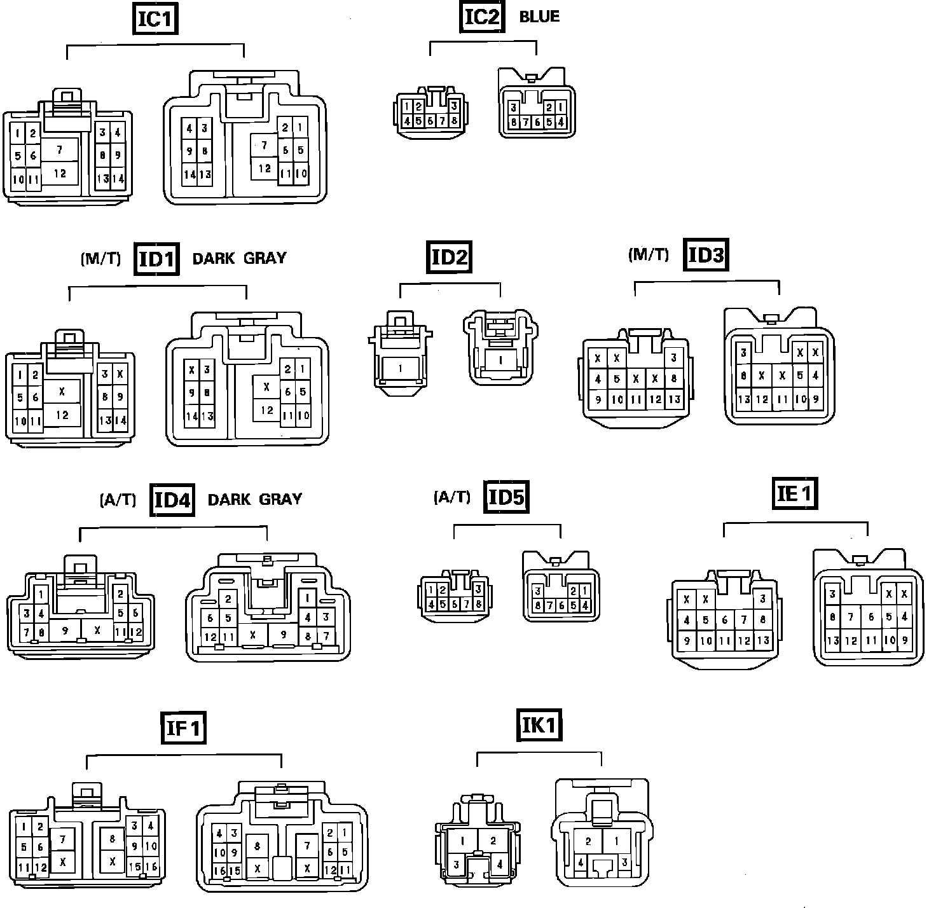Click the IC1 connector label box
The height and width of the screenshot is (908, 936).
155,18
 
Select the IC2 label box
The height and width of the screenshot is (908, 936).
481,17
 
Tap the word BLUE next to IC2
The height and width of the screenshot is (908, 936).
539,17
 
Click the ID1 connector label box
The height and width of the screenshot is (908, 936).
156,259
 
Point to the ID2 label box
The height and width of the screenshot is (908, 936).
450,258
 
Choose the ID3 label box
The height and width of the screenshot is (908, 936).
706,255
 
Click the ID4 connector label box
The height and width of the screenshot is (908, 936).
173,499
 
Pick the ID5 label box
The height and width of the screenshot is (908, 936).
506,497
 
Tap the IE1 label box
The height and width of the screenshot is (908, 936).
795,493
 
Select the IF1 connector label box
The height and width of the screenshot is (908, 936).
183,727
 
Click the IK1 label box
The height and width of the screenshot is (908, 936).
539,726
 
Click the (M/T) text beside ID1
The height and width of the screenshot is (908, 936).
100,259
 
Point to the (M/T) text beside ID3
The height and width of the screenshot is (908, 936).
649,255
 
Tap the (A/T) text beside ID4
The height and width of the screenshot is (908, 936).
118,500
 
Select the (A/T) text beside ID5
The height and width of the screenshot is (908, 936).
451,497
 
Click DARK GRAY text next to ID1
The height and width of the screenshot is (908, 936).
239,259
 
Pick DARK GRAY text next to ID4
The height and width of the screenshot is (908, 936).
254,499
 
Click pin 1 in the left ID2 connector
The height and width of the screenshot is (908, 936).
401,368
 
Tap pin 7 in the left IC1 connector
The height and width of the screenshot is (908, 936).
60,150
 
